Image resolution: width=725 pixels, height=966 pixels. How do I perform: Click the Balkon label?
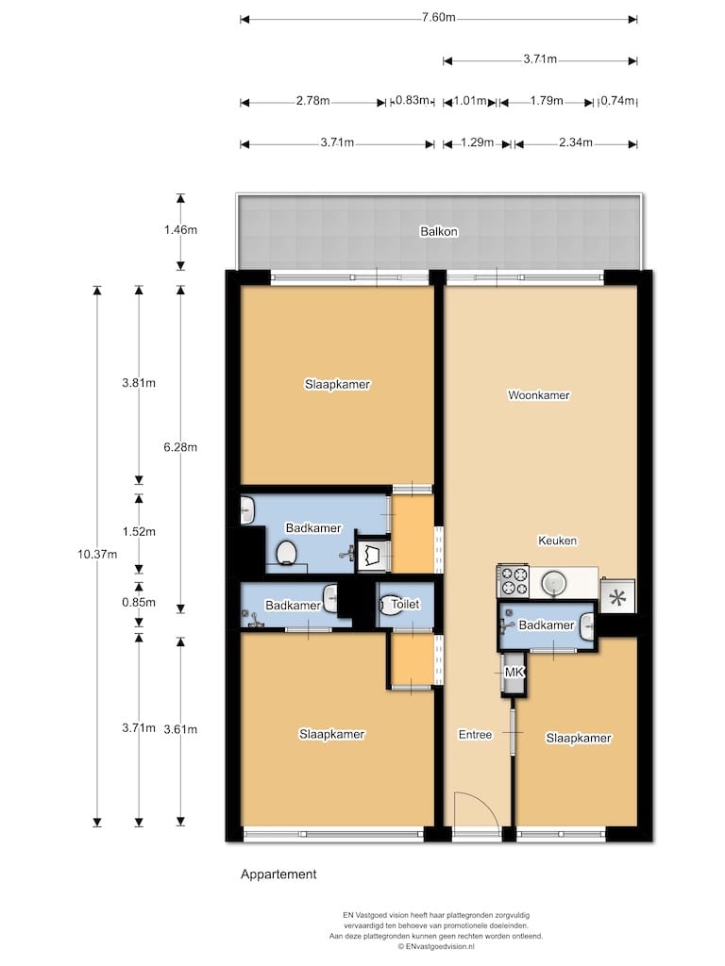[x=438, y=232]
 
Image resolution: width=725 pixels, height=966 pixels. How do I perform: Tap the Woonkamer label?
[x=538, y=395]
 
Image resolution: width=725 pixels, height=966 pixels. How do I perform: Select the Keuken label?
[x=557, y=541]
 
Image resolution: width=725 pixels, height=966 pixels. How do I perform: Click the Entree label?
[x=475, y=734]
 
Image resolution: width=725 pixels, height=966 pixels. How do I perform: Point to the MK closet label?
[x=514, y=672]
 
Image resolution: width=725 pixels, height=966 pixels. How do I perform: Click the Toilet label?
[x=405, y=605]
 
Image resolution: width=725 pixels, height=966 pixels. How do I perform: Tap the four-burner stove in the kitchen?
[x=513, y=581]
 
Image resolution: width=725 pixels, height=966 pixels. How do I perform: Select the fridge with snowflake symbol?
[x=617, y=596]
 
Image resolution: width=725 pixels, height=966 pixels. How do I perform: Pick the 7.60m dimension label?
[x=438, y=17]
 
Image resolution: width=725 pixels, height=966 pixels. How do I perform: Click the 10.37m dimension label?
[x=97, y=554]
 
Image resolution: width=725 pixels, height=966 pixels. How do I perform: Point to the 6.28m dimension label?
[x=180, y=446]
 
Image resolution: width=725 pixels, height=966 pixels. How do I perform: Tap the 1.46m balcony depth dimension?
[x=180, y=230]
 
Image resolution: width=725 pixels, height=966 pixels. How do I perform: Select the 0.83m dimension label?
[x=412, y=100]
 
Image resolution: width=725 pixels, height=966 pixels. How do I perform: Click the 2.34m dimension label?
[x=575, y=142]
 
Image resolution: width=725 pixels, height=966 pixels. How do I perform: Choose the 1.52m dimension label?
[x=139, y=531]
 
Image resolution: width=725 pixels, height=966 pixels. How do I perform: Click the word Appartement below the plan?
[x=278, y=874]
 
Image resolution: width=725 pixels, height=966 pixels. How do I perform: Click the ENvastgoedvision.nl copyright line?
[x=436, y=945]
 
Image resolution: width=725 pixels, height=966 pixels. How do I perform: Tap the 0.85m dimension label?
[x=139, y=602]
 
